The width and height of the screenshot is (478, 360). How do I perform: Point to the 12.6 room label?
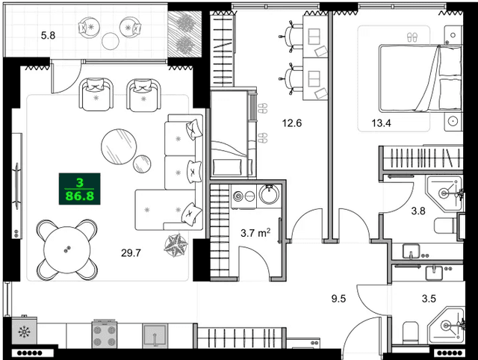point(291,123)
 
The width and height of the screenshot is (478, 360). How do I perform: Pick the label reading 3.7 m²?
point(255,233)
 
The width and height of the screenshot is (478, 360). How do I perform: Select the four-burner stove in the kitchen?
point(105,333)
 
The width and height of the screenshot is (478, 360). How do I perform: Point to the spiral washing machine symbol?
point(240,196)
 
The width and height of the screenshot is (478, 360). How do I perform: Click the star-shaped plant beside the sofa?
point(179,243)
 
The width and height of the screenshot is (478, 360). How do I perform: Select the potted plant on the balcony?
point(181,34)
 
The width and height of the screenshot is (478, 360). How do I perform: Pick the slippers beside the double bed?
point(411,36)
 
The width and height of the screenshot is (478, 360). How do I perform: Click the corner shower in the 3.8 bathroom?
point(446,190)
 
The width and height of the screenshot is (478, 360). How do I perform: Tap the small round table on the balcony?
point(111,41)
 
